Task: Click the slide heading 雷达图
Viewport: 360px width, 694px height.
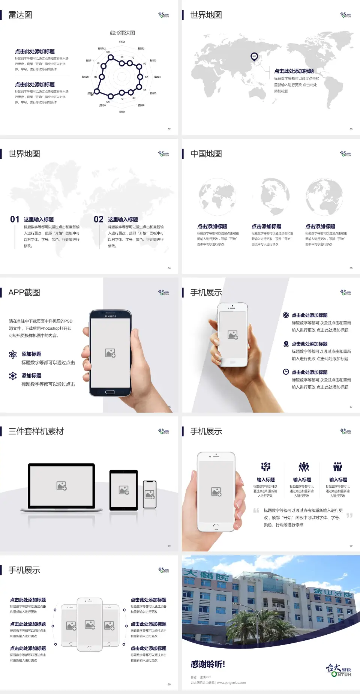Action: [20, 15]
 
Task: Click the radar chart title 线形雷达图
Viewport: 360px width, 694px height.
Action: [122, 33]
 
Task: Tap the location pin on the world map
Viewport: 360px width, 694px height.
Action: [254, 56]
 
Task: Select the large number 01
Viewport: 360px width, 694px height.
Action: [15, 219]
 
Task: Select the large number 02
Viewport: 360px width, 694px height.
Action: [99, 219]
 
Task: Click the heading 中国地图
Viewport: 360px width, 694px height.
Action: [206, 154]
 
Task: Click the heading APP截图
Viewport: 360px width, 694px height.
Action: [24, 293]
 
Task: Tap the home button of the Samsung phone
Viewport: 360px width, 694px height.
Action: [110, 392]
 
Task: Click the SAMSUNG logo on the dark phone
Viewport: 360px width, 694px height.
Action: [110, 316]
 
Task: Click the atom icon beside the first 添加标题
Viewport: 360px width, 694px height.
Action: [13, 355]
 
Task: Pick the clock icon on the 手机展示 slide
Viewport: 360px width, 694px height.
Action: [286, 372]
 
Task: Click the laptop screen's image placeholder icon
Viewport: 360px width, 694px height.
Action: [61, 486]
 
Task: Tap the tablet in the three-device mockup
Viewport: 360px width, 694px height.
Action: [124, 490]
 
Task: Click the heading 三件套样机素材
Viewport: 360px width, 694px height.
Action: [36, 431]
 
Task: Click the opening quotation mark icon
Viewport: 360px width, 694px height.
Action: [256, 510]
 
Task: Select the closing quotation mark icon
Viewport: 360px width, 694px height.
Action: [349, 515]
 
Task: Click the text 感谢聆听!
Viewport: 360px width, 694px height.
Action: [208, 664]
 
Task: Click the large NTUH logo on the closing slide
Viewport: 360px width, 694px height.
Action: [339, 670]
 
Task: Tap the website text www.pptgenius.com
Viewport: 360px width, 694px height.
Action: [231, 683]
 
